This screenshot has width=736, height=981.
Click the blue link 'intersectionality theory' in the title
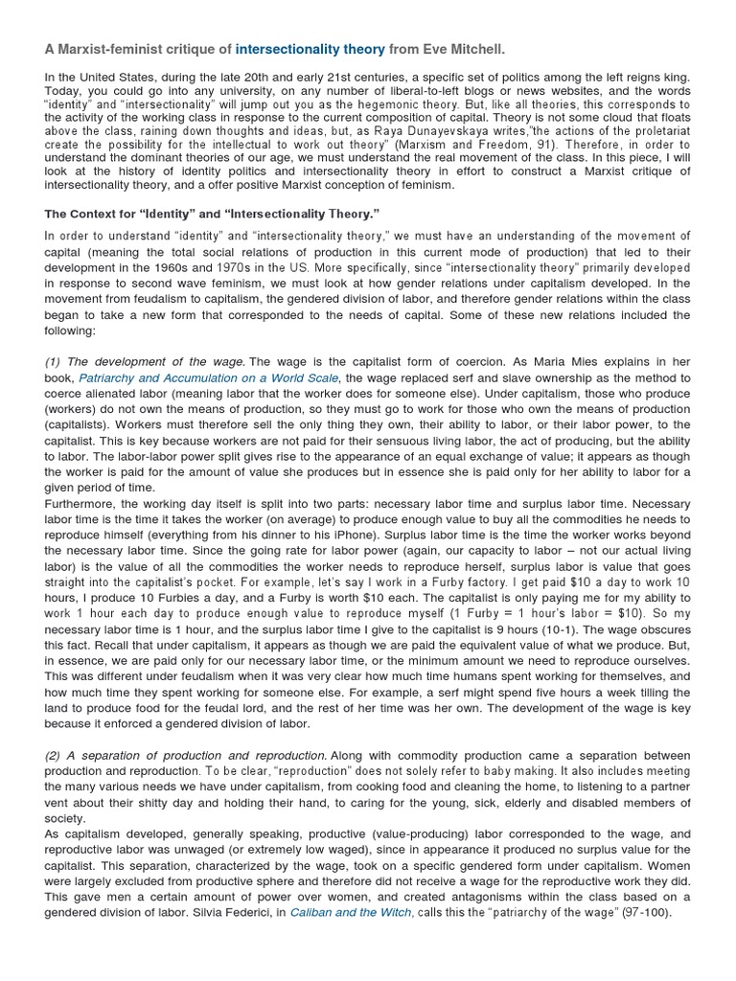tap(310, 48)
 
